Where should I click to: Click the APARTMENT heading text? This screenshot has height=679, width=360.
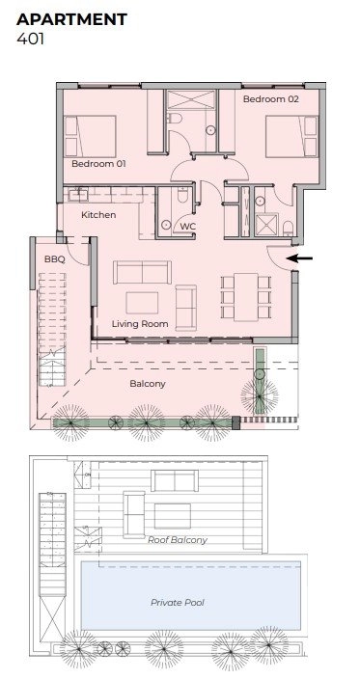[71, 19]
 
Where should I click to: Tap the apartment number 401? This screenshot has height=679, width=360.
[30, 39]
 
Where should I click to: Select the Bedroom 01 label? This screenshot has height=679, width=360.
[98, 164]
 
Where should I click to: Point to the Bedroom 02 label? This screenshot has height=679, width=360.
[271, 99]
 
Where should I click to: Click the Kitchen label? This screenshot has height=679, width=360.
[98, 215]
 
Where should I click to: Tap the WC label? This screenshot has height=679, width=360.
[188, 226]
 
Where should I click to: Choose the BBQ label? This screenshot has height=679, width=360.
[55, 259]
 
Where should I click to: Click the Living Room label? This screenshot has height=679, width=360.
[140, 323]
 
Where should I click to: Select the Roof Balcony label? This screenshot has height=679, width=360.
[178, 539]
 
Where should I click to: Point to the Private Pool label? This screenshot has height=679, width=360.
[178, 603]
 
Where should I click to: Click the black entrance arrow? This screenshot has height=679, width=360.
[299, 258]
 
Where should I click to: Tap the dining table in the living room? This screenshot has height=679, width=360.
[246, 297]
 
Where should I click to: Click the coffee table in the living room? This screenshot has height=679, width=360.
[142, 303]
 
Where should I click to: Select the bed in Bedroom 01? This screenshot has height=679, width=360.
[90, 136]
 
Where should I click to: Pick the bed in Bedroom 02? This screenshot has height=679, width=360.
[291, 136]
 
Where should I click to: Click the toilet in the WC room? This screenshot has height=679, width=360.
[182, 194]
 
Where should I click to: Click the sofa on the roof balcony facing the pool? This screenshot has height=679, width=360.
[175, 480]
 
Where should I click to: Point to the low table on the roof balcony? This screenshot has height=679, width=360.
[173, 516]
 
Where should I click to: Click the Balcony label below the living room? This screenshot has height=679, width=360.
[148, 384]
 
